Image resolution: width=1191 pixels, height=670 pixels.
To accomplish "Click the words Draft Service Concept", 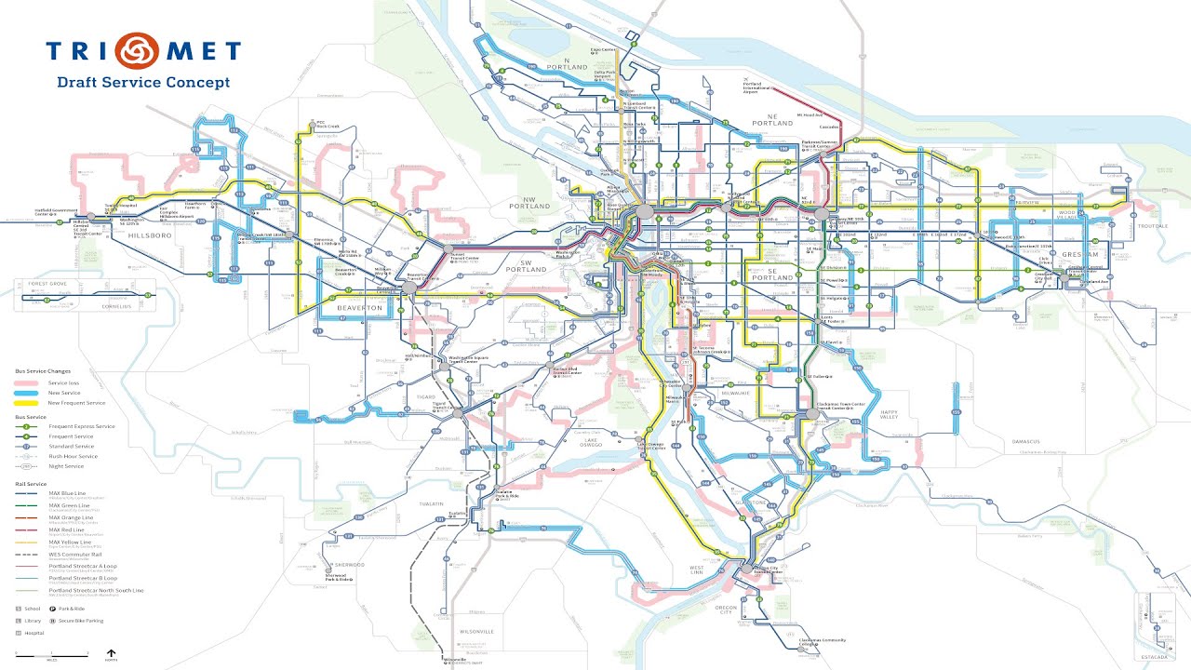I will [143, 82].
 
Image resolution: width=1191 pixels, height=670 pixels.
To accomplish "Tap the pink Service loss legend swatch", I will [28, 382].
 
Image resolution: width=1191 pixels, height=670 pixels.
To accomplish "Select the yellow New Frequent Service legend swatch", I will [28, 403].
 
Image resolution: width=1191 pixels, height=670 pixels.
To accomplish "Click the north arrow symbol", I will [112, 653].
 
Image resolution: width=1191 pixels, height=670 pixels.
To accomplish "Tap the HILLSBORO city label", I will [141, 237].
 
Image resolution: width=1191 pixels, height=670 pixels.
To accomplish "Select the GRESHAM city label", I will [1081, 254].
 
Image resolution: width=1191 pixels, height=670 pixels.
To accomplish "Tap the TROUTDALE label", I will [1150, 226].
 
